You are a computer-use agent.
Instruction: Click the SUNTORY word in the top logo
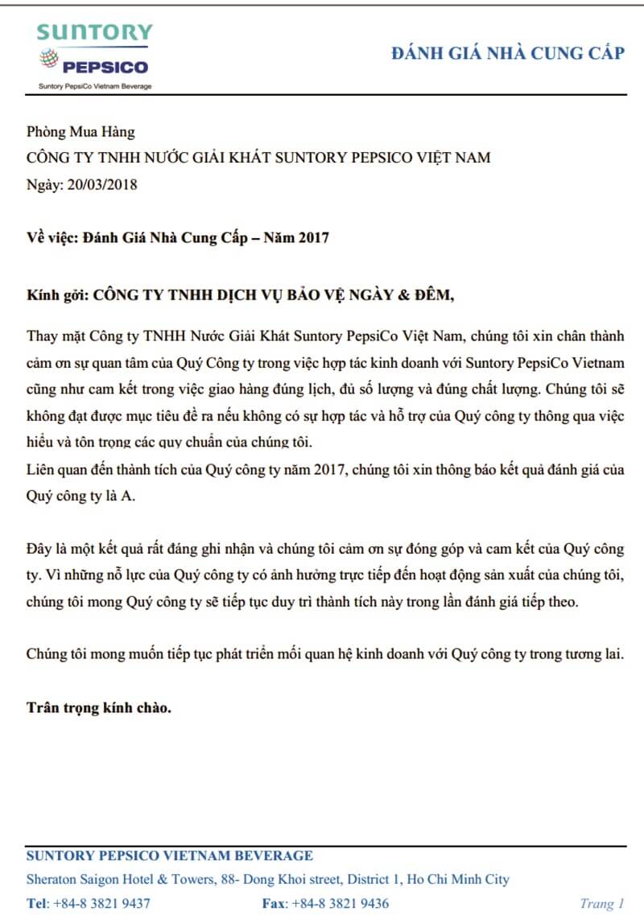coord(94,32)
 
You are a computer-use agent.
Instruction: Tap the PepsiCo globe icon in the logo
coord(49,59)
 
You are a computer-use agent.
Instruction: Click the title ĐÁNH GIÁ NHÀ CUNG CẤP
coord(507,53)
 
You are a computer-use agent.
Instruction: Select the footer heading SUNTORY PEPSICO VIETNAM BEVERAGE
coord(170,855)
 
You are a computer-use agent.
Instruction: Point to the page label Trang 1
coord(602,903)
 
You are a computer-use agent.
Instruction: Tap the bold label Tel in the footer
coord(37,903)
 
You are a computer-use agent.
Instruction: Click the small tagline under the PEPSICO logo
coord(95,85)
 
